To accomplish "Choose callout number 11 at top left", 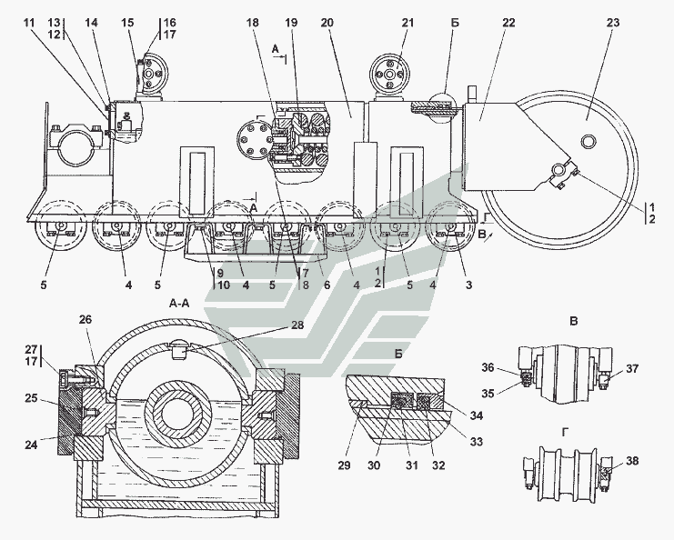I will pos(32,21).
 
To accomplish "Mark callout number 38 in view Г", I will pos(632,461).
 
